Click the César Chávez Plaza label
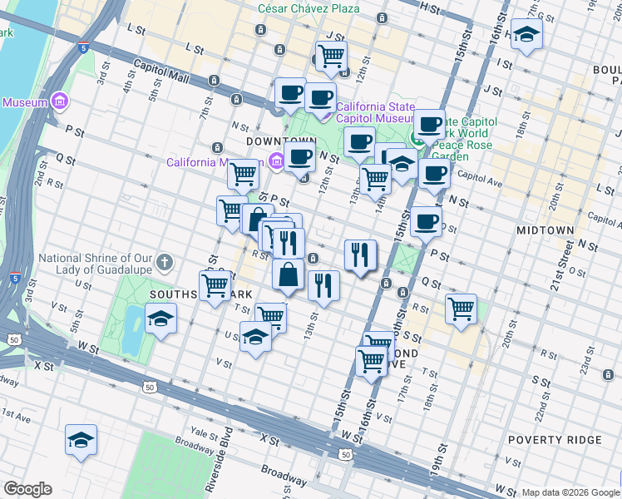pyautogui.click(x=309, y=8)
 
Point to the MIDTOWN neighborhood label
pyautogui.click(x=545, y=230)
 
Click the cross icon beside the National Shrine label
pyautogui.click(x=165, y=263)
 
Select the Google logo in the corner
pyautogui.click(x=27, y=489)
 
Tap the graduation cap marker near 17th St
pyautogui.click(x=526, y=35)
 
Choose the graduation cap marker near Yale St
pyautogui.click(x=81, y=441)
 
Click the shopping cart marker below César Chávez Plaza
pyautogui.click(x=331, y=57)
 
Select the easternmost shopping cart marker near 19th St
pyautogui.click(x=461, y=309)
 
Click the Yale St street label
pyautogui.click(x=203, y=432)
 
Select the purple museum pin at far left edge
pyautogui.click(x=59, y=102)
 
